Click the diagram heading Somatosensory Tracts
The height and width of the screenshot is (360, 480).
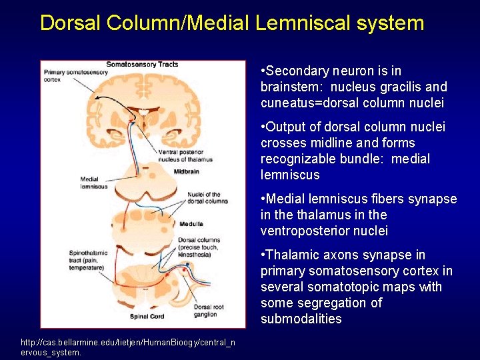142,65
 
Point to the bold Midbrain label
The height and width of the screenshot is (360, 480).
187,171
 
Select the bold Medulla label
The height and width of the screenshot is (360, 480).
191,223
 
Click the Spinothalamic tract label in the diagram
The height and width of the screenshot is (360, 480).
87,260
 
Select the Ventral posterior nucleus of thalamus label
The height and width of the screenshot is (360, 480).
186,156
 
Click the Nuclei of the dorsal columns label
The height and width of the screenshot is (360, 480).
207,197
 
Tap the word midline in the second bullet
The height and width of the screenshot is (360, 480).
326,143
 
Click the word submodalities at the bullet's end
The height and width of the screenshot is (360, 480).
301,319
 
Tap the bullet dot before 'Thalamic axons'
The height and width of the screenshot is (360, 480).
265,255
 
